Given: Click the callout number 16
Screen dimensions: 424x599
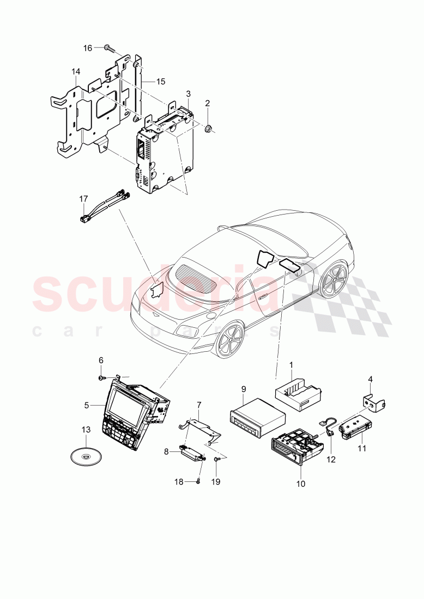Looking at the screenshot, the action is (88, 48).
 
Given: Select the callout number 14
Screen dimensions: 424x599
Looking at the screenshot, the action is (76, 71).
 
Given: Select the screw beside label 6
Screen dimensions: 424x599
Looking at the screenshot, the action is (101, 378).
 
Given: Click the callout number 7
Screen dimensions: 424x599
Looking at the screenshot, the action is (198, 404).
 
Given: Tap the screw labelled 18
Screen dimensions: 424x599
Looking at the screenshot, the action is (198, 481).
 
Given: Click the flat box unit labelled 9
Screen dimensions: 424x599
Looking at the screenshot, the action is (258, 416).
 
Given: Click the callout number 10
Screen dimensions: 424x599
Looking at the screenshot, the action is (301, 484).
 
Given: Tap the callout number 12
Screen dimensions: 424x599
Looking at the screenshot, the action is (331, 460).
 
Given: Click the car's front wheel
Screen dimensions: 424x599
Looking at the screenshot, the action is (229, 339).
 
